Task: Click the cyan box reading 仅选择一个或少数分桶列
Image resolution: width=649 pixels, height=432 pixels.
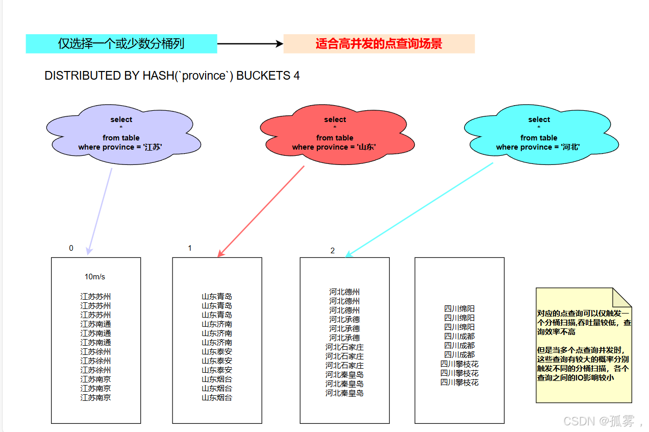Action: [x=121, y=44]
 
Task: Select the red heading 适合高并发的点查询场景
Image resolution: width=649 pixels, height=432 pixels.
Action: [x=379, y=44]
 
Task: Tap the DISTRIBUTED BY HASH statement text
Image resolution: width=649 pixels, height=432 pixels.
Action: [x=172, y=76]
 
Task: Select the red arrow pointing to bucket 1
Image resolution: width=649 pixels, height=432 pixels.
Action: [x=261, y=210]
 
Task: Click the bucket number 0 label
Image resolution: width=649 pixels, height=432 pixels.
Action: [x=71, y=248]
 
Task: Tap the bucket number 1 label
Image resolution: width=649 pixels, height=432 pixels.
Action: [x=190, y=248]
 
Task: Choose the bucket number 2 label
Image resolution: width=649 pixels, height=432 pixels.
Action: [x=333, y=251]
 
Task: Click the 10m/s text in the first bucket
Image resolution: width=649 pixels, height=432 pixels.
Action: [x=95, y=277]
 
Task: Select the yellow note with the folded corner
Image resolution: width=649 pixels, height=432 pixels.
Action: [x=584, y=352]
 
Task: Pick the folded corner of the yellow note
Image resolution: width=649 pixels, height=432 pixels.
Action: [x=624, y=296]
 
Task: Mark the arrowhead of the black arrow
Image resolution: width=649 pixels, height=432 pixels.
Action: [x=280, y=44]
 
